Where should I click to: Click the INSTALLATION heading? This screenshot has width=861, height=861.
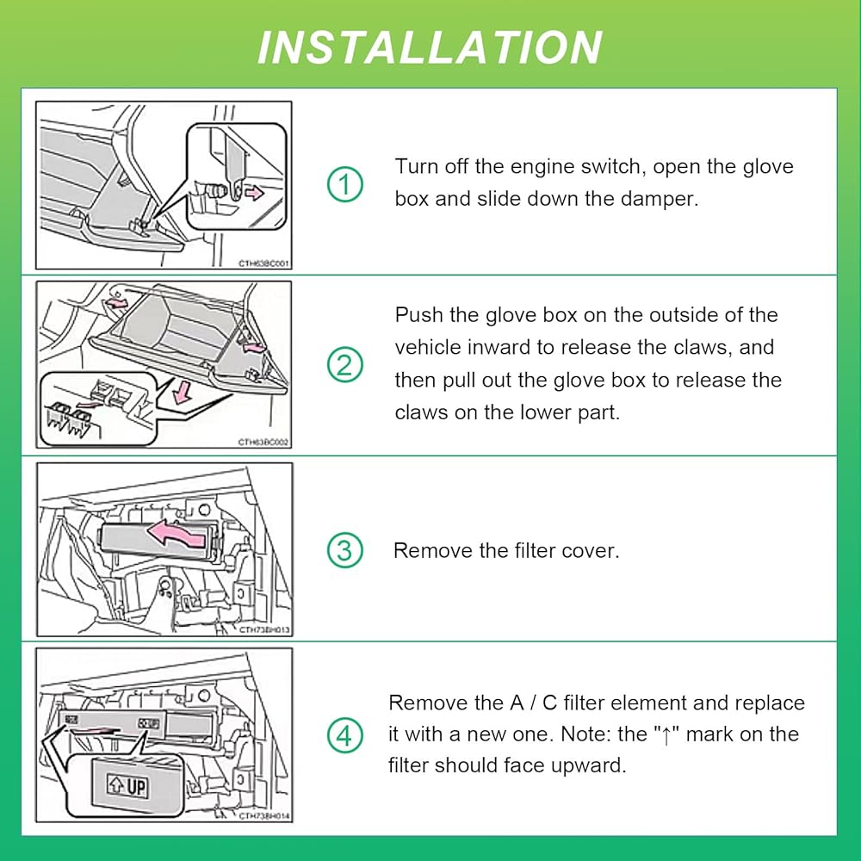pos(430,46)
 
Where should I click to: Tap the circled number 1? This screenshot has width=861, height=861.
pos(344,183)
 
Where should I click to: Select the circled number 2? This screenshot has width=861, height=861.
pos(344,365)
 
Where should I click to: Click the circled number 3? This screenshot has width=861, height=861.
pos(344,550)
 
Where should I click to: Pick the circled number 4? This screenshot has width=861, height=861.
pos(344,735)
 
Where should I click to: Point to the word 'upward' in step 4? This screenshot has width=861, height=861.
pos(580,765)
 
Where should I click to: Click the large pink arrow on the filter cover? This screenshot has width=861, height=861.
pos(179,537)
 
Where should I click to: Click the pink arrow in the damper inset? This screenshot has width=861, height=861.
pos(253,194)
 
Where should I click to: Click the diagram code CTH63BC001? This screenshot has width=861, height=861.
pos(264,264)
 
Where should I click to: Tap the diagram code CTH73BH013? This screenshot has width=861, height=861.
pos(264,629)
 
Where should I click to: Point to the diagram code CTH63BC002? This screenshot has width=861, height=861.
pos(264,442)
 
